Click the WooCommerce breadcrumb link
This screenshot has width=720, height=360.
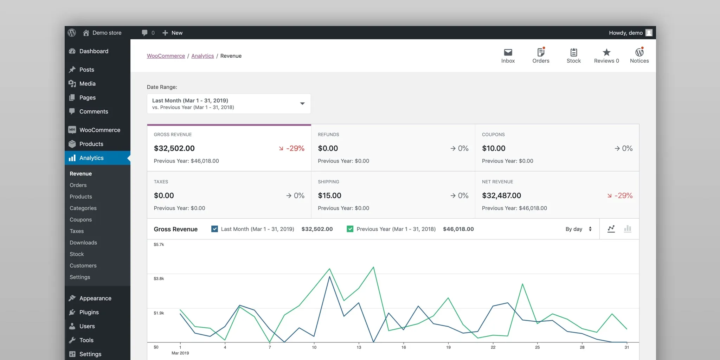point(166,56)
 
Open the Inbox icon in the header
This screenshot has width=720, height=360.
point(508,52)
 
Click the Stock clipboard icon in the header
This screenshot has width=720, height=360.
point(573,52)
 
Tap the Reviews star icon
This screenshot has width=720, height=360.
point(606,52)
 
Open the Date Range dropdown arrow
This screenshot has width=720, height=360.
point(302,104)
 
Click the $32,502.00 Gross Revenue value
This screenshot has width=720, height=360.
point(174,148)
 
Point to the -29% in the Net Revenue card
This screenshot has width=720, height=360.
point(623,195)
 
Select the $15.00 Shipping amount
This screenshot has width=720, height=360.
point(329,195)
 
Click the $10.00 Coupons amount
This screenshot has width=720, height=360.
point(493,148)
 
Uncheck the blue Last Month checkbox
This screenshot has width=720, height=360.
point(214,229)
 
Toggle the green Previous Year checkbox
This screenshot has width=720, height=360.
point(350,229)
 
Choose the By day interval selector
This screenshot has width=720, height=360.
point(578,229)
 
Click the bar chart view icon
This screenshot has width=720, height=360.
point(628,229)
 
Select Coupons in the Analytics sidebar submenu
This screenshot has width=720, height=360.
point(81,220)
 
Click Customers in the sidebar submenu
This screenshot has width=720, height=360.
point(83,266)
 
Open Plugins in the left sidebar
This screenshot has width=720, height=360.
point(89,312)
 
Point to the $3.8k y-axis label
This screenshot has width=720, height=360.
point(159,279)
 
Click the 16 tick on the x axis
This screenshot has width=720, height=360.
point(404,347)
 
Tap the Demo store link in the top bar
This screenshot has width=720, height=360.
point(107,33)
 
